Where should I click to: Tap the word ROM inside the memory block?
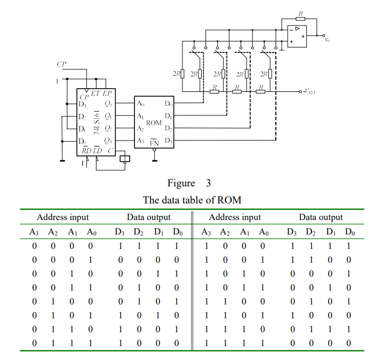coord(154,122)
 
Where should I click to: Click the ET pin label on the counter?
coord(95,93)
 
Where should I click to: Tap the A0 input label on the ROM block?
coord(140,103)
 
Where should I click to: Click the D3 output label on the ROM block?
coord(168,140)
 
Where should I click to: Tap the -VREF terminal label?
coord(309,92)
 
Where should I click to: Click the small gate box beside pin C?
coord(126,158)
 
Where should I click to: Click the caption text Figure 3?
coord(189,183)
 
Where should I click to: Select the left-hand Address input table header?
coord(62,217)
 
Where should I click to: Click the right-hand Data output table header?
coord(321,217)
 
